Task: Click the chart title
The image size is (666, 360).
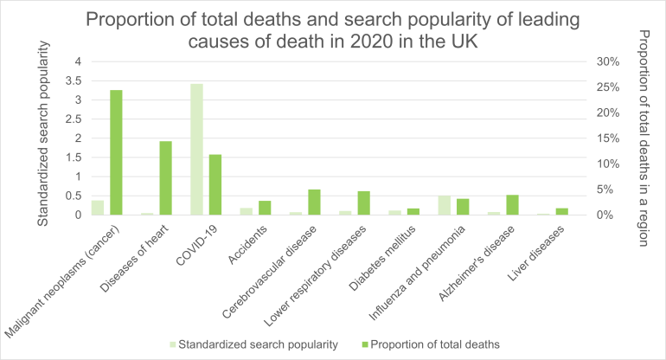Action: click(x=332, y=29)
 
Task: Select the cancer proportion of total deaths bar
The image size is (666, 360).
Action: click(x=115, y=152)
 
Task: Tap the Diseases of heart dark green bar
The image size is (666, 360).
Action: click(x=165, y=177)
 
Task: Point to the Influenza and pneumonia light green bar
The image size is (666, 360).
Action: click(x=445, y=205)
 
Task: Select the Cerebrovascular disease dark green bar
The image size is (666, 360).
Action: click(x=314, y=202)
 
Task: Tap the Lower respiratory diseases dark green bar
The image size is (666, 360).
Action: click(x=363, y=202)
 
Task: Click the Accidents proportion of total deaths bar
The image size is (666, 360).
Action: click(x=265, y=208)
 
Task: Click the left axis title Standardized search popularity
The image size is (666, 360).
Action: click(x=42, y=138)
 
